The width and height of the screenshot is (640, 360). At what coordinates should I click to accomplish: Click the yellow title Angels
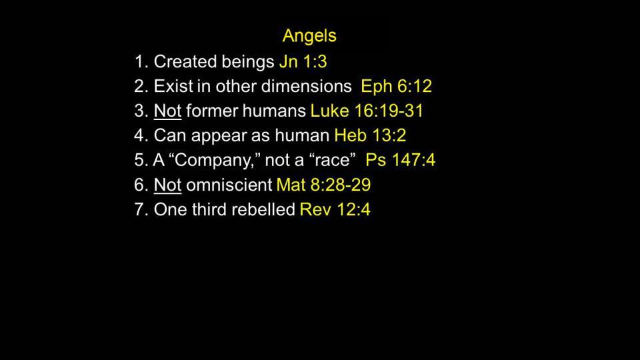tap(309, 36)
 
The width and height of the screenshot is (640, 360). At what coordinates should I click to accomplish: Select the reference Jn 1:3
tap(303, 61)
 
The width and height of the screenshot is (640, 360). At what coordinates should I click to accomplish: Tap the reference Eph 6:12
tap(396, 86)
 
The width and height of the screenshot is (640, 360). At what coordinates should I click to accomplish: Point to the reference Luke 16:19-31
tap(367, 111)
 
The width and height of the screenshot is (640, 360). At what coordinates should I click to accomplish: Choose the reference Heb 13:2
tap(370, 135)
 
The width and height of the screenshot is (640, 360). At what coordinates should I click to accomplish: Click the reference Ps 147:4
tap(401, 159)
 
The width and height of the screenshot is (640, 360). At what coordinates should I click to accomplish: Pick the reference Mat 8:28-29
tap(324, 185)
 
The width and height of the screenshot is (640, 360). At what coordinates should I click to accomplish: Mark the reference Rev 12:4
tap(335, 209)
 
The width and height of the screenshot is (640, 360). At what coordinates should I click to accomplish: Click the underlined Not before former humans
tap(167, 111)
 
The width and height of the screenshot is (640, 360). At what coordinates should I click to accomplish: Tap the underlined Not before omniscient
tap(167, 185)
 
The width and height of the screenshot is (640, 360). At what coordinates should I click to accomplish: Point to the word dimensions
tap(306, 86)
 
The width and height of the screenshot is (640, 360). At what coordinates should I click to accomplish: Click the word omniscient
tap(229, 185)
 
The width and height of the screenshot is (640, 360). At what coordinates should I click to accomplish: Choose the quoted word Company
tap(215, 161)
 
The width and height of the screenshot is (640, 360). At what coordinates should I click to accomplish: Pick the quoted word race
tap(333, 161)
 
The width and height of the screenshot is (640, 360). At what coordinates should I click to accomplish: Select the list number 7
tap(139, 209)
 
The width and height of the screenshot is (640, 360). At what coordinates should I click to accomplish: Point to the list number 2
tap(139, 86)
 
